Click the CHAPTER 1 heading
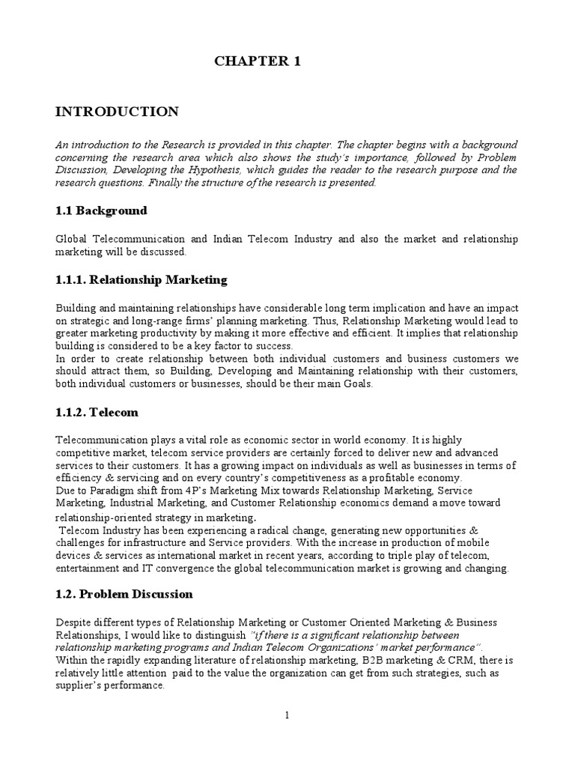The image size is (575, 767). [x=258, y=62]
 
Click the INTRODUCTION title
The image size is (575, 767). [x=118, y=112]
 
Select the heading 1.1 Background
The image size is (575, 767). [x=101, y=210]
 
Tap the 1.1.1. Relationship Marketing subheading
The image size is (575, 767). [x=142, y=280]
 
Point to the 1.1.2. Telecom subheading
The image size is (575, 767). [x=97, y=412]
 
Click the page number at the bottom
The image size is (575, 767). [x=287, y=716]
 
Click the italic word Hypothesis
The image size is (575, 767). [x=199, y=170]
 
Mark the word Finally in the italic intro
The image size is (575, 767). [x=168, y=182]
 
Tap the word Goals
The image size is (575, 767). [x=355, y=384]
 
